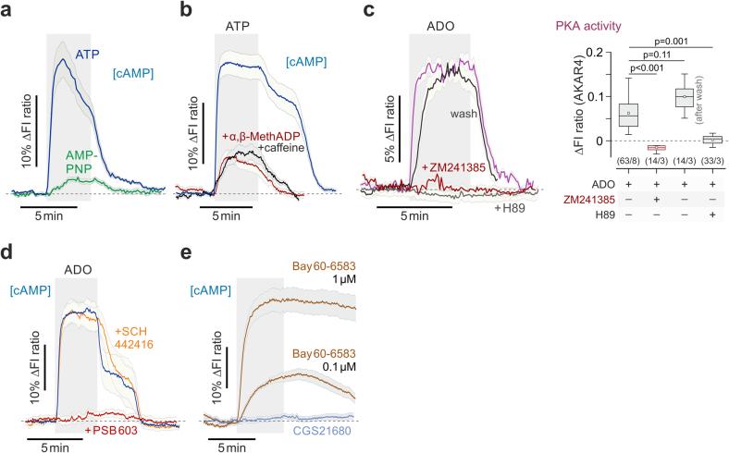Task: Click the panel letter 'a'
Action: (7, 10)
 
